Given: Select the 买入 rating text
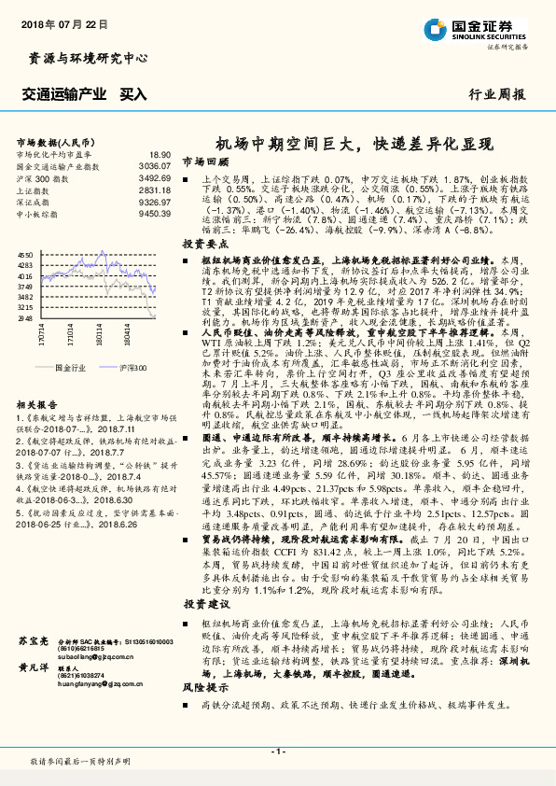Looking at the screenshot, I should click(x=133, y=94).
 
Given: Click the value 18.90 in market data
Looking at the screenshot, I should click(x=160, y=153).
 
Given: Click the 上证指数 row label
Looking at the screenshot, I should click(x=35, y=189).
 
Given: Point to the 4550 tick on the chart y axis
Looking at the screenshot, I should click(x=25, y=253).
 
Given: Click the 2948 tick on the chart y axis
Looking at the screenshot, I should click(x=25, y=318).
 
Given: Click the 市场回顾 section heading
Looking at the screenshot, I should click(x=201, y=161).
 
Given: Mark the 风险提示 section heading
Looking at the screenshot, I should click(x=201, y=685).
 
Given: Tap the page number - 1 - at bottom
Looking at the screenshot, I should click(x=277, y=751).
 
